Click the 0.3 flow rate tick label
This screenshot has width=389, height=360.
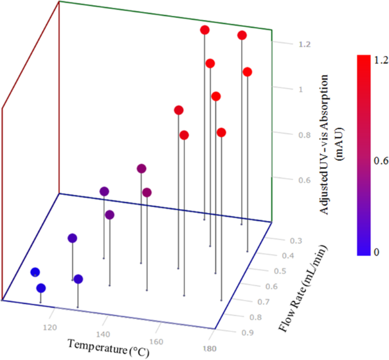(296, 240)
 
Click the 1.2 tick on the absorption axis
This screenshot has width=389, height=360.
(287, 44)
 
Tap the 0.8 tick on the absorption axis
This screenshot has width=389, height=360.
(287, 135)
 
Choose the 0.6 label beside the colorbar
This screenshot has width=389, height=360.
(381, 161)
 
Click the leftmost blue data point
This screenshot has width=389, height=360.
(35, 272)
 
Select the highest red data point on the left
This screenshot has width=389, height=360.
(204, 30)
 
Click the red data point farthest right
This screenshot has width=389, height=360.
(248, 72)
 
